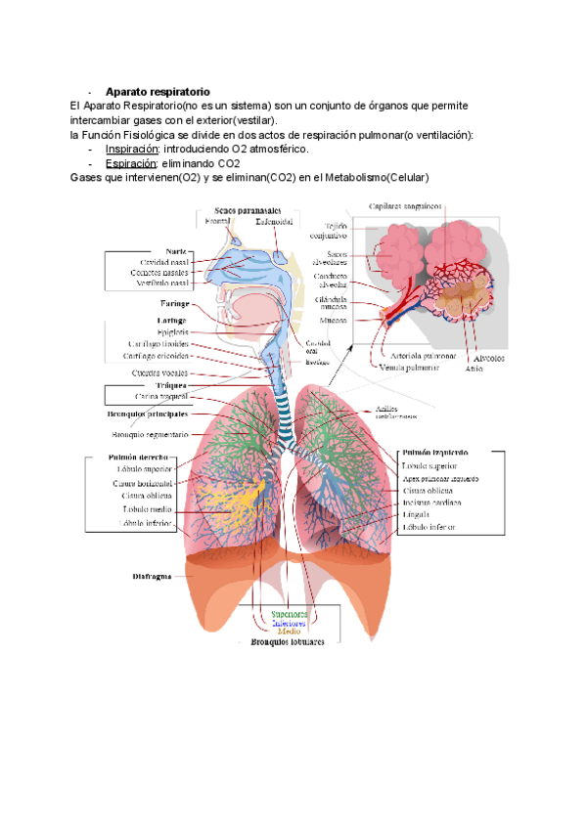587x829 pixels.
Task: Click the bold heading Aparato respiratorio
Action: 158,91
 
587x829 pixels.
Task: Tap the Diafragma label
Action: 152,576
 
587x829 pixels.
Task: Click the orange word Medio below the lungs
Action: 290,631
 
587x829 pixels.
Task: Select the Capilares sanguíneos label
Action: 405,206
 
